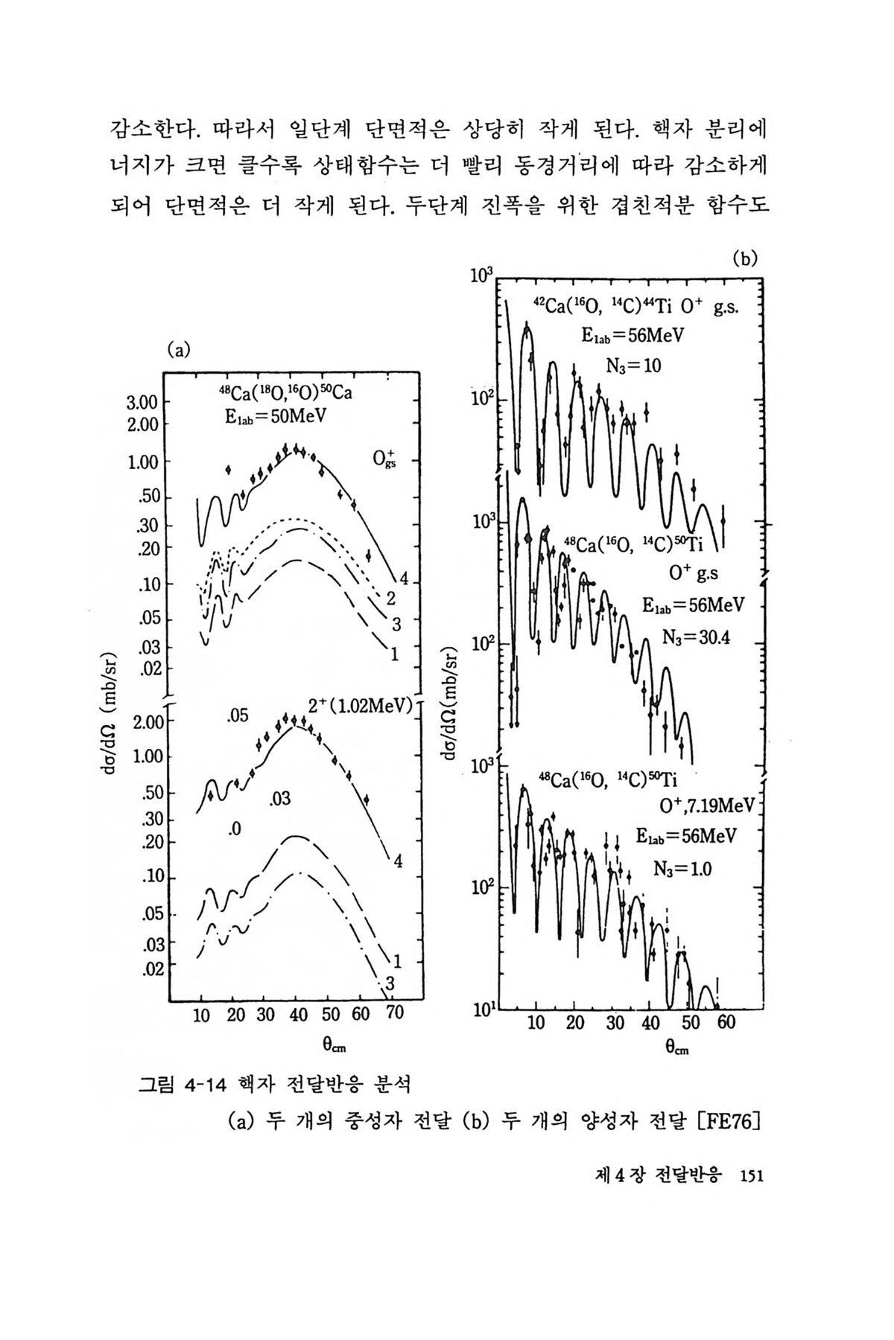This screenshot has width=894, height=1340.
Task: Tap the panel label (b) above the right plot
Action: [744, 259]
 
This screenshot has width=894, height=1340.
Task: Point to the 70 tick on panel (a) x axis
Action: [395, 1014]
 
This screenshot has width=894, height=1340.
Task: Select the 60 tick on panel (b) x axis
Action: [726, 1022]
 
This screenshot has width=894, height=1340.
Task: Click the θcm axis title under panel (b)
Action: [677, 1047]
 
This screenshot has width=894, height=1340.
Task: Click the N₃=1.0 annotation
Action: [682, 867]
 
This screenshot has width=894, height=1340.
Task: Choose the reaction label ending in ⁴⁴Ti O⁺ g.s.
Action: [636, 307]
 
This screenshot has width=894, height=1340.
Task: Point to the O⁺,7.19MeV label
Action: [707, 806]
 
